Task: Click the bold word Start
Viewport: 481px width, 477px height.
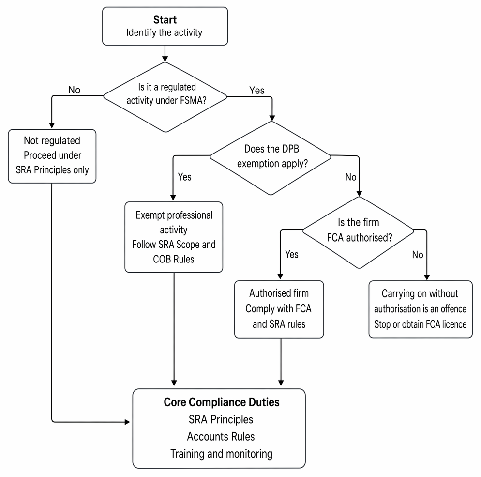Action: pyautogui.click(x=165, y=20)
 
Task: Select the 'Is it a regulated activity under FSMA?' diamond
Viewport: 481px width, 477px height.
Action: pyautogui.click(x=165, y=97)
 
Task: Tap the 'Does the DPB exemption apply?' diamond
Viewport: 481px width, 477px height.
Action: pyautogui.click(x=271, y=158)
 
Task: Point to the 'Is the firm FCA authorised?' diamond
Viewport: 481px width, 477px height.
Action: pyautogui.click(x=358, y=232)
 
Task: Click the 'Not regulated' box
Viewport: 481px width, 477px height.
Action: pyautogui.click(x=52, y=156)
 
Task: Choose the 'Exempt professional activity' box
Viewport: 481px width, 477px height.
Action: pyautogui.click(x=174, y=237)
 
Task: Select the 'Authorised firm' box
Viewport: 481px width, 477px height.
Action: pyautogui.click(x=279, y=309)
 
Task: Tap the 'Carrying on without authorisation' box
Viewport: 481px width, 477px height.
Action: pyautogui.click(x=420, y=309)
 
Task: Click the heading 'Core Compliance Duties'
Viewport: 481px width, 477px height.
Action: pyautogui.click(x=222, y=402)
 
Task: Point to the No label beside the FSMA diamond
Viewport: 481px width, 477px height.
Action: pyautogui.click(x=74, y=90)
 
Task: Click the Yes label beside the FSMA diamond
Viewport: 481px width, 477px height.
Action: pyautogui.click(x=257, y=90)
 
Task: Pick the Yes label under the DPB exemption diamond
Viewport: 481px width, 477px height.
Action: pyautogui.click(x=185, y=177)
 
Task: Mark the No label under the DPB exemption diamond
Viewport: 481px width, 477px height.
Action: pyautogui.click(x=351, y=177)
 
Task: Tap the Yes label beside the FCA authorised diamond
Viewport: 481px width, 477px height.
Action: pyautogui.click(x=292, y=254)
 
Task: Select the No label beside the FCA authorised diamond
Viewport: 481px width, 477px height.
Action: pyautogui.click(x=418, y=254)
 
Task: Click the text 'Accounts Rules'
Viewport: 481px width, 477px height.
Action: pyautogui.click(x=221, y=436)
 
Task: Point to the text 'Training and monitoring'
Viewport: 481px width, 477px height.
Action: pyautogui.click(x=221, y=454)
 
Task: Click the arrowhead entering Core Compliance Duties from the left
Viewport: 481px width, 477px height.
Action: pyautogui.click(x=127, y=422)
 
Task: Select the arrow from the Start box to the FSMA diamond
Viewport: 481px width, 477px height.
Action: pyautogui.click(x=165, y=53)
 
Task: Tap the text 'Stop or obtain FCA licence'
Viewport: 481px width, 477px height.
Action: pyautogui.click(x=420, y=324)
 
